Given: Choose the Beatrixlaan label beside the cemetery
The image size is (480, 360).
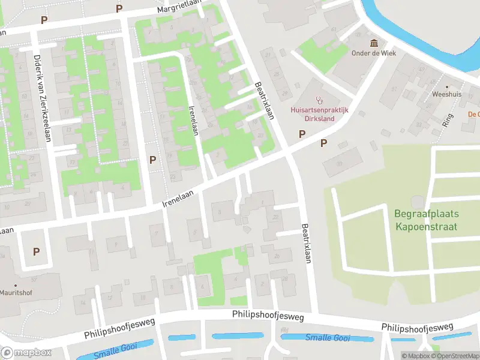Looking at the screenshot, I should click(x=307, y=244).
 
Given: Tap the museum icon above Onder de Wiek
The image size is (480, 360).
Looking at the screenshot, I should click(x=374, y=43).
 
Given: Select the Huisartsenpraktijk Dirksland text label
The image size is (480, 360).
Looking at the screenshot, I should click(x=312, y=114).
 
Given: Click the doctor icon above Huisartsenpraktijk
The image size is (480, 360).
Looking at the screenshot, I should click(x=319, y=100).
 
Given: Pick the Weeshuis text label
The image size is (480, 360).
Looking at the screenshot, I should click(x=446, y=95).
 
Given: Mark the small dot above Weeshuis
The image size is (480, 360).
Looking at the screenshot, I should click(x=446, y=86).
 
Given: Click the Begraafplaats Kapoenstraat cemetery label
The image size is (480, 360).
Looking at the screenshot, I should click(x=426, y=220).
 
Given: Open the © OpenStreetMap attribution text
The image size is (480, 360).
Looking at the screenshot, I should click(x=454, y=356).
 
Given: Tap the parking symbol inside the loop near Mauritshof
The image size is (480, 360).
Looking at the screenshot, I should click(x=36, y=252).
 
